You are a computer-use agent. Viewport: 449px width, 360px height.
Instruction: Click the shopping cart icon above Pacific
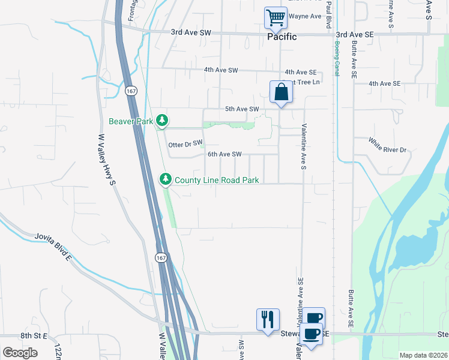coord(276,18)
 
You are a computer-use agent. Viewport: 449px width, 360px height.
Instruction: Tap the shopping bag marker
coord(280,92)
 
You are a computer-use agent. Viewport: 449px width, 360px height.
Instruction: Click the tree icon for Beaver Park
coord(161,121)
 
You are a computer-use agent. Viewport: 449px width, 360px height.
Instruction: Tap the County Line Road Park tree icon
coord(165,179)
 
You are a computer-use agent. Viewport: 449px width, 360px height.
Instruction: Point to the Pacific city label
coord(282,37)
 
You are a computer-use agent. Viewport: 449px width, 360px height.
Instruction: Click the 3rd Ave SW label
coord(191,32)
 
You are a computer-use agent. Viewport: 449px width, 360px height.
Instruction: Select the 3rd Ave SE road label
coord(355,35)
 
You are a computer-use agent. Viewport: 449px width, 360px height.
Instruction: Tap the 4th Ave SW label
coord(220,70)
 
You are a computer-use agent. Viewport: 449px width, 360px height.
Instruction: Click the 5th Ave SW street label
coord(241,109)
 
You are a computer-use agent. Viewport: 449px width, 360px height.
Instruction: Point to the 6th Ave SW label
coord(224,154)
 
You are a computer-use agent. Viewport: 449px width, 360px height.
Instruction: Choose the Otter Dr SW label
coord(186,145)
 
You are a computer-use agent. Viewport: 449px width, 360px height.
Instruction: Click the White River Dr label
coord(387,145)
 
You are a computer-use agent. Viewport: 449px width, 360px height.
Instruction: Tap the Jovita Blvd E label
coord(53,247)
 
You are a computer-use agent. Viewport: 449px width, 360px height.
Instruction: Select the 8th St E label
coord(34,335)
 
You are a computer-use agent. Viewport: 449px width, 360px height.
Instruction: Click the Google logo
coord(20,353)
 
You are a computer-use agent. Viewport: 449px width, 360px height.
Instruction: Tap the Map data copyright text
coord(423,355)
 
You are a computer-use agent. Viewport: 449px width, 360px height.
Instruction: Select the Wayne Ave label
coord(305,16)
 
